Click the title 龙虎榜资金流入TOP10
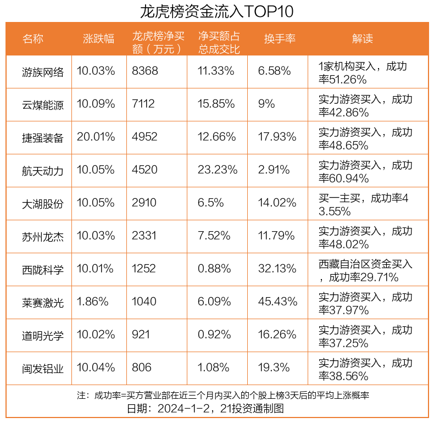pyautogui.click(x=216, y=11)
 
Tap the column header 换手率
pyautogui.click(x=280, y=39)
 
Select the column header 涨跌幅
pyautogui.click(x=98, y=39)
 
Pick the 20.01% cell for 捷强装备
pyautogui.click(x=96, y=137)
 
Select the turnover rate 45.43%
pyautogui.click(x=277, y=301)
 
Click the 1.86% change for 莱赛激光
pyautogui.click(x=93, y=301)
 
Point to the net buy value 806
pyautogui.click(x=142, y=368)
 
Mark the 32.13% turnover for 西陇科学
pyautogui.click(x=277, y=269)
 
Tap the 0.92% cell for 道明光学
pyautogui.click(x=214, y=335)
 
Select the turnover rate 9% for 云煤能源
pyautogui.click(x=266, y=104)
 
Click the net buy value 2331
pyautogui.click(x=144, y=236)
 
